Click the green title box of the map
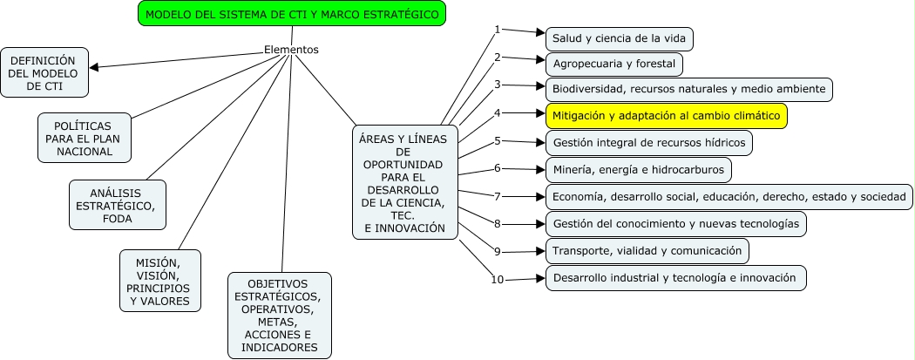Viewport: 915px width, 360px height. pyautogui.click(x=292, y=14)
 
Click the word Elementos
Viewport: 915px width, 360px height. pyautogui.click(x=291, y=50)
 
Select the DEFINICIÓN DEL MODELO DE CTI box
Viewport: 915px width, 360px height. pyautogui.click(x=44, y=72)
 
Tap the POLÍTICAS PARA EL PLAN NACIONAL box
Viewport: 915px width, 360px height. pyautogui.click(x=85, y=138)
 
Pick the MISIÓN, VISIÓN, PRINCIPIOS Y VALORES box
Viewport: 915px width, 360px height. pyautogui.click(x=159, y=282)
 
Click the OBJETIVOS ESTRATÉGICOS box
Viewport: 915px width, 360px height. pyautogui.click(x=279, y=316)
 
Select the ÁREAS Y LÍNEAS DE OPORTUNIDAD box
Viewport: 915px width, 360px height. pyautogui.click(x=402, y=182)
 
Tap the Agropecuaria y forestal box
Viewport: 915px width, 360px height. pyautogui.click(x=613, y=65)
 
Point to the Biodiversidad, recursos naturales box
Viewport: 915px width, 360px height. pyautogui.click(x=688, y=90)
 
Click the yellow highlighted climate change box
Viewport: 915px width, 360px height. pyautogui.click(x=666, y=116)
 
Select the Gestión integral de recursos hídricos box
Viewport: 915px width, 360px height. pyautogui.click(x=648, y=142)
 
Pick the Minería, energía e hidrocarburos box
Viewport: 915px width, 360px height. pyautogui.click(x=638, y=169)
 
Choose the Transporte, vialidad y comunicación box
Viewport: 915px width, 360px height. pyautogui.click(x=647, y=251)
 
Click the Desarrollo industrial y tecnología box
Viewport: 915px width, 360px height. pyautogui.click(x=675, y=278)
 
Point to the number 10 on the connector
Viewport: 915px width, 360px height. pyautogui.click(x=497, y=280)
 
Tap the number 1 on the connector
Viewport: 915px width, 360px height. pyautogui.click(x=498, y=30)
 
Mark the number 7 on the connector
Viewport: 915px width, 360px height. pyautogui.click(x=498, y=196)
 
